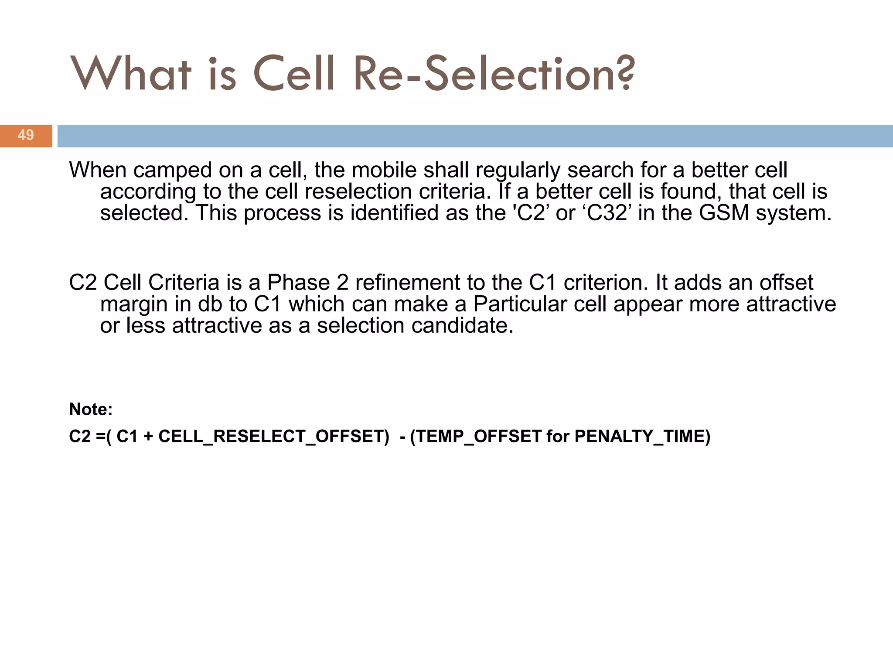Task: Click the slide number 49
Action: click(x=26, y=135)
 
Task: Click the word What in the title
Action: click(x=131, y=74)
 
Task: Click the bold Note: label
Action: click(x=91, y=409)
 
